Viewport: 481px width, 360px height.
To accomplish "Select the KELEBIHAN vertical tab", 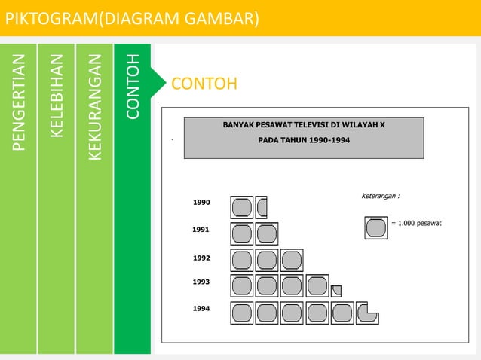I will (x=56, y=98).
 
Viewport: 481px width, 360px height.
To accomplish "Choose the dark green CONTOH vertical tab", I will (x=133, y=87).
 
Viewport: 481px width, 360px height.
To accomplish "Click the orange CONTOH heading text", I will (x=204, y=82).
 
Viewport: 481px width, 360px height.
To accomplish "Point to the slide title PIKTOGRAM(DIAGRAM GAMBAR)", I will (x=133, y=17).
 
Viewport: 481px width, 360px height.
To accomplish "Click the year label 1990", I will (x=201, y=203).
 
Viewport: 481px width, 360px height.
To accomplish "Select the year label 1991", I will (x=201, y=229).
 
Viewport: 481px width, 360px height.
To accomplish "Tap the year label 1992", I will (x=201, y=258).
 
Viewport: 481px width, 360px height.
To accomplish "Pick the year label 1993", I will (x=201, y=282).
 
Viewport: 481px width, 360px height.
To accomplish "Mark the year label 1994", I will (x=201, y=309).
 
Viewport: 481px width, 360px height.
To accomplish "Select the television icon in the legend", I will (x=375, y=227).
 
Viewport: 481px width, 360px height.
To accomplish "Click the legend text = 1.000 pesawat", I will (x=417, y=224).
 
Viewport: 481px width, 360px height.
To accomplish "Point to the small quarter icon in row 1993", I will (x=336, y=290).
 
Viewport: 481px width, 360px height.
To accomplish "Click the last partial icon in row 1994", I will (x=366, y=313).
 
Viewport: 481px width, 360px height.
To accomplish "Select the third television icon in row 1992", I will (x=291, y=260).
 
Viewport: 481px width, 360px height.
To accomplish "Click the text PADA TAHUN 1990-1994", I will (x=304, y=141).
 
